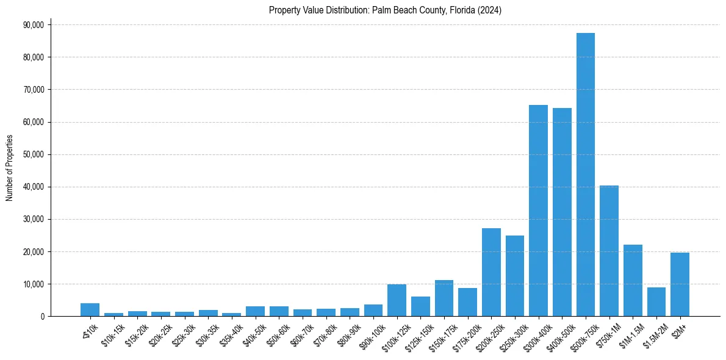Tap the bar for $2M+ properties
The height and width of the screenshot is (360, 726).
[680, 284]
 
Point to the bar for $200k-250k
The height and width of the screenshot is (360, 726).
[491, 272]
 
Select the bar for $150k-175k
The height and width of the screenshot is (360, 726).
[444, 298]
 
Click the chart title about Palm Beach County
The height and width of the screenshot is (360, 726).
[385, 10]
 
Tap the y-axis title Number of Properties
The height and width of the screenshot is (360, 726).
[10, 168]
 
